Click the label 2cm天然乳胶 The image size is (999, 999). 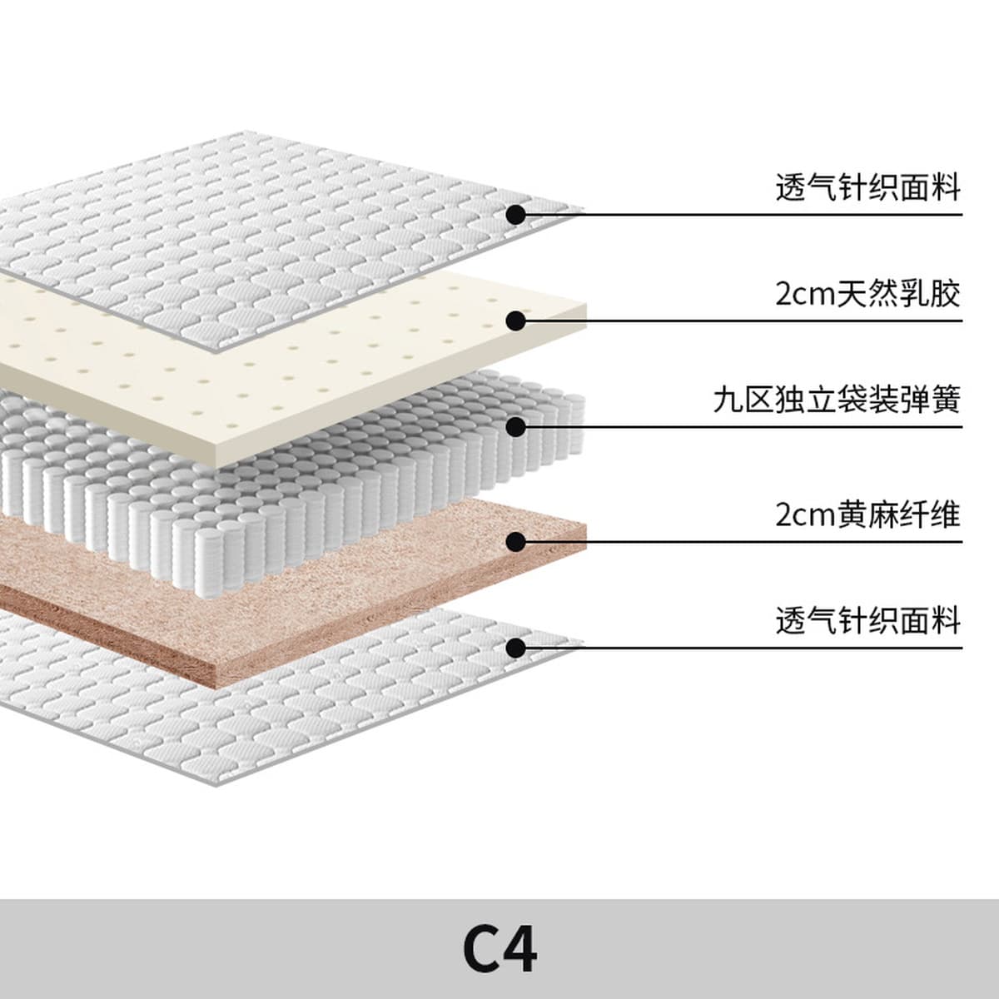[x=867, y=294]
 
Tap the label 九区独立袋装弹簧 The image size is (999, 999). [x=837, y=400]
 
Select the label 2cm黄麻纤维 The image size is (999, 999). [x=867, y=514]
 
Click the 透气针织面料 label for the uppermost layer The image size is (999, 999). [x=867, y=187]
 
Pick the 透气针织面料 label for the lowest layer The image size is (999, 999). [x=867, y=621]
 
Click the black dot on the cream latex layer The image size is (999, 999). [x=516, y=321]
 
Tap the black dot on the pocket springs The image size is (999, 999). [x=516, y=427]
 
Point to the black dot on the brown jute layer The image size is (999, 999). [x=516, y=542]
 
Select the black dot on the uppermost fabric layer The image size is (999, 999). [x=516, y=214]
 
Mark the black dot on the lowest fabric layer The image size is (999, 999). [x=516, y=648]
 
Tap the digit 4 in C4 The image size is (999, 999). [x=520, y=949]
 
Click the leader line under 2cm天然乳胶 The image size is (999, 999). [x=749, y=321]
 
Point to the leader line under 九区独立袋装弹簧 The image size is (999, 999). [x=749, y=427]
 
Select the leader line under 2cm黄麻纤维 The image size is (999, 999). [x=749, y=542]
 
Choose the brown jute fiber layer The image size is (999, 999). [x=333, y=599]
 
